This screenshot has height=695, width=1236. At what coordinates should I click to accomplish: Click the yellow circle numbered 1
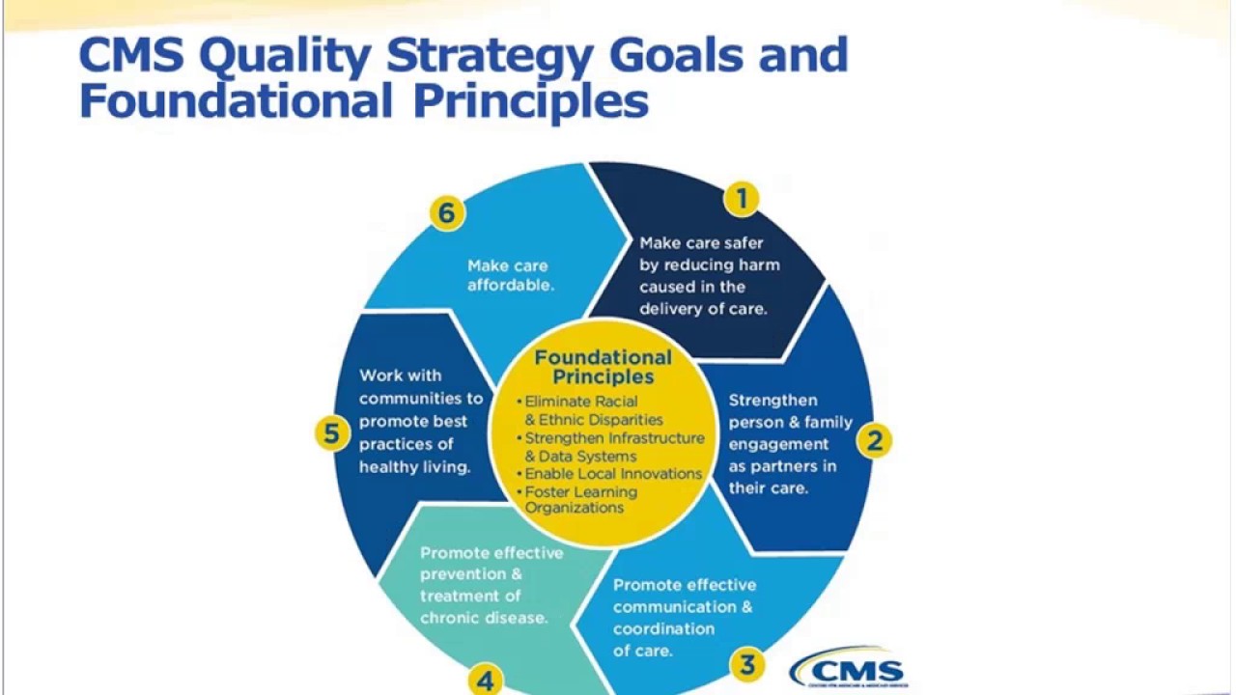coord(742,199)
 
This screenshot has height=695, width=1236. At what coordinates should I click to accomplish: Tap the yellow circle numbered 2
coord(875,441)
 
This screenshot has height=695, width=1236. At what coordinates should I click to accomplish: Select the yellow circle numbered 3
coord(747,664)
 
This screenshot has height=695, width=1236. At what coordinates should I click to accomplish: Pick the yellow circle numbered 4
coord(485,681)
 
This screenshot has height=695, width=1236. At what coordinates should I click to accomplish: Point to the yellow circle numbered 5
coord(331,433)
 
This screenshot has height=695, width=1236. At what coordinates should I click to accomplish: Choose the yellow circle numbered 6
coord(446,212)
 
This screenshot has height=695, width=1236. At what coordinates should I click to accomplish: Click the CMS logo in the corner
coord(849,668)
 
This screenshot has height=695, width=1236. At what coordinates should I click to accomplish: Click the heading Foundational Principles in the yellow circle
coord(603,367)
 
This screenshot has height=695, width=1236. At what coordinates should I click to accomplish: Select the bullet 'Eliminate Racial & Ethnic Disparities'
coord(593,410)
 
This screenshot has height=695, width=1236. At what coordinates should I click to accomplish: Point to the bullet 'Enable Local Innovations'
coord(613,474)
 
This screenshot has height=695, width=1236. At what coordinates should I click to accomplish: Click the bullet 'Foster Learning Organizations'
coord(579,500)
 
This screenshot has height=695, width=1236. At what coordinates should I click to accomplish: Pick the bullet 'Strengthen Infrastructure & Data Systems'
coord(614,447)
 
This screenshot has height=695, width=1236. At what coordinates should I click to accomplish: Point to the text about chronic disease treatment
coord(491,585)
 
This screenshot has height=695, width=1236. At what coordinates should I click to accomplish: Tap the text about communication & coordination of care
coord(684,617)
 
